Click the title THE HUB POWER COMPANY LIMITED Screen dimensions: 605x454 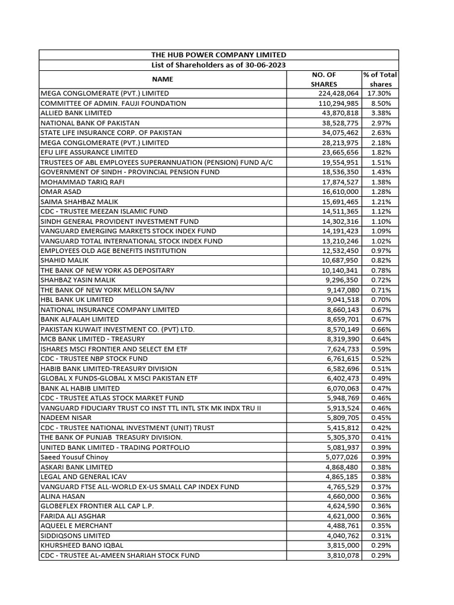pos(219,55)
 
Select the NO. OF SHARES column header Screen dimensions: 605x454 pos(323,79)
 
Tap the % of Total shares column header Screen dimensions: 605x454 pos(381,79)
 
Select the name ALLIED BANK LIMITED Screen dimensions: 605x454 pos(76,113)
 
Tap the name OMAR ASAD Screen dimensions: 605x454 pos(61,191)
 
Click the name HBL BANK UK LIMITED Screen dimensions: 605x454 pos(77,300)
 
